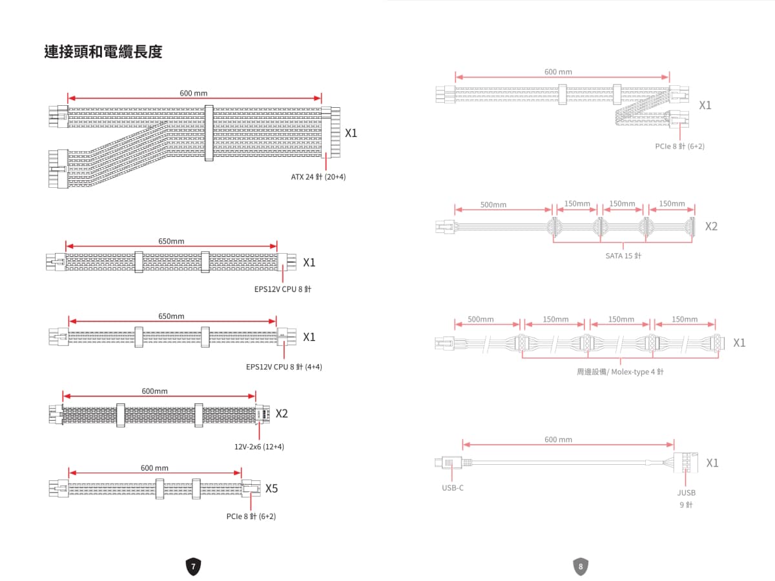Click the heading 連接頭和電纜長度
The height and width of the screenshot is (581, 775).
[x=103, y=52]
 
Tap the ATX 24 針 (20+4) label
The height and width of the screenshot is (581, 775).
[x=318, y=177]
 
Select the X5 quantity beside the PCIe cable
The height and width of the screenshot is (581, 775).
[x=271, y=488]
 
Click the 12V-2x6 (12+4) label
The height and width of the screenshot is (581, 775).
[x=259, y=447]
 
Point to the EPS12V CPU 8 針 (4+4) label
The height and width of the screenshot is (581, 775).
[x=284, y=367]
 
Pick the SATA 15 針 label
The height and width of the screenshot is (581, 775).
[x=623, y=256]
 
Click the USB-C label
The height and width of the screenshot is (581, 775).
[x=453, y=488]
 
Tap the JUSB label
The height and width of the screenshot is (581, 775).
[x=687, y=493]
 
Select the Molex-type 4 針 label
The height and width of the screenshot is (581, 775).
[x=637, y=372]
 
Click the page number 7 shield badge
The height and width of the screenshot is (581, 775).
[x=193, y=566]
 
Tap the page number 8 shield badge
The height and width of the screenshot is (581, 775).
[x=581, y=566]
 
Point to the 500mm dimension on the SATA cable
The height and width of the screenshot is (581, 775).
[x=493, y=205]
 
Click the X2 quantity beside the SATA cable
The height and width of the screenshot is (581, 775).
[x=712, y=226]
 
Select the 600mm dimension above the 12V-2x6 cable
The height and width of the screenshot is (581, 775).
[x=154, y=391]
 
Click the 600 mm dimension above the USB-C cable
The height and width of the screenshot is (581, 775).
[x=558, y=439]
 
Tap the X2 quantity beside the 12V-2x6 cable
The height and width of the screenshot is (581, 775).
[x=282, y=413]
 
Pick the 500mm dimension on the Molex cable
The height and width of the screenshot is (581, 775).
[x=480, y=320]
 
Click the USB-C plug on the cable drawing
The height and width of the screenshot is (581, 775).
[x=448, y=462]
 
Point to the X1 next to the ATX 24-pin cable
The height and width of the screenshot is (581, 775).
[x=351, y=133]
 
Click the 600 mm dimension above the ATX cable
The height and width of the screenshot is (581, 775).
[x=194, y=93]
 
